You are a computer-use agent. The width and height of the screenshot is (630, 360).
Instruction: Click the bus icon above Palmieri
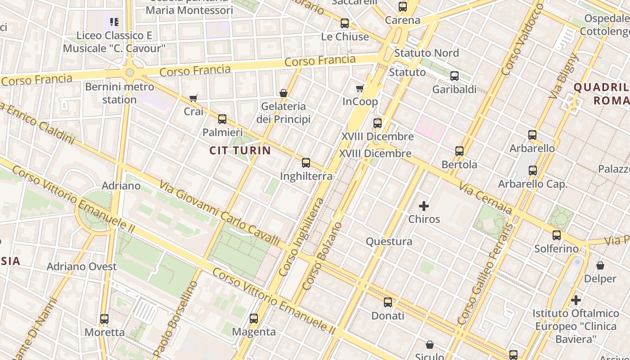222,119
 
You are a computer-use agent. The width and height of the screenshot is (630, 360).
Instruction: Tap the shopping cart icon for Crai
193,98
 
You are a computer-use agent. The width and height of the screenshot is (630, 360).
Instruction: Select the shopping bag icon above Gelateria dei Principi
283,93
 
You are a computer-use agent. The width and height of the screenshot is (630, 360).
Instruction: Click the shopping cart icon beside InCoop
360,88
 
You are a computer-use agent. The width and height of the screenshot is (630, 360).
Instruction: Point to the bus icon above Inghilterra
306,163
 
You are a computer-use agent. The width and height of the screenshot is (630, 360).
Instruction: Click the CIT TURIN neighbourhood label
240,151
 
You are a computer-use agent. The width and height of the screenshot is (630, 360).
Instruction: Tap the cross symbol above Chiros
424,206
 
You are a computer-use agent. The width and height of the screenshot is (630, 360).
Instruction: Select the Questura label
389,242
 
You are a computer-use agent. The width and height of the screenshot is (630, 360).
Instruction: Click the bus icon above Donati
388,302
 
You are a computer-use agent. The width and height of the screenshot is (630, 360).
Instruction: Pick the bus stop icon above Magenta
254,319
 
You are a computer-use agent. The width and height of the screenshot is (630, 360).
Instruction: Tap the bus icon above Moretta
104,319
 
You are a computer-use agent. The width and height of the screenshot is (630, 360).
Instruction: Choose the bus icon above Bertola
459,151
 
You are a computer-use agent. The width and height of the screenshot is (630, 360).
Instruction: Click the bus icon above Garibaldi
454,76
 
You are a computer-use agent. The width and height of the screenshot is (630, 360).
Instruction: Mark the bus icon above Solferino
557,235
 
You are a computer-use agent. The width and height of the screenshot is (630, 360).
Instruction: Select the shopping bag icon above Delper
600,265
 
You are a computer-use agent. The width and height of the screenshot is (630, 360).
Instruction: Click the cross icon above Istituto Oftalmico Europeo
576,300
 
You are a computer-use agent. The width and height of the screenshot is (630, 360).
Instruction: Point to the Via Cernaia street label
486,198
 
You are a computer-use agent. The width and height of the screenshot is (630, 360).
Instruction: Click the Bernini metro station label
119,93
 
